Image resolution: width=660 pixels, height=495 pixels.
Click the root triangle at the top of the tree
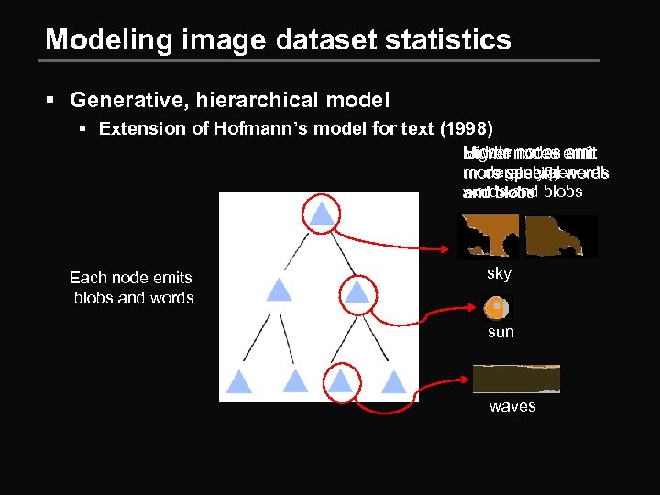pyautogui.click(x=320, y=214)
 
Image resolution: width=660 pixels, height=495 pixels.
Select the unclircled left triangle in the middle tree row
pyautogui.click(x=279, y=291)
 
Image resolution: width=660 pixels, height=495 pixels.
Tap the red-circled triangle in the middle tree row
pyautogui.click(x=357, y=292)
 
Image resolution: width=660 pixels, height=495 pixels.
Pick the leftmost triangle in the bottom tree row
pyautogui.click(x=239, y=380)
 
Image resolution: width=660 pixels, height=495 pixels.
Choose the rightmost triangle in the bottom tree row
pyautogui.click(x=393, y=380)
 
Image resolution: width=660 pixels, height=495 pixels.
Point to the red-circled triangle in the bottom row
pyautogui.click(x=341, y=380)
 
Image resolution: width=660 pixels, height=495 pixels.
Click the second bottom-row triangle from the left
pyautogui.click(x=293, y=380)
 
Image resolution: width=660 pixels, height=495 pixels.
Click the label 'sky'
pyautogui.click(x=499, y=273)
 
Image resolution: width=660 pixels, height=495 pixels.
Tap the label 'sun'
pyautogui.click(x=500, y=332)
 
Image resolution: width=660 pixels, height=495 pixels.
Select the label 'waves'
pyautogui.click(x=512, y=406)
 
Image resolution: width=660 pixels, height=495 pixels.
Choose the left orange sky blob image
pyautogui.click(x=488, y=236)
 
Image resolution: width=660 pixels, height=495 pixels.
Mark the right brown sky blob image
pyautogui.click(x=560, y=236)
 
